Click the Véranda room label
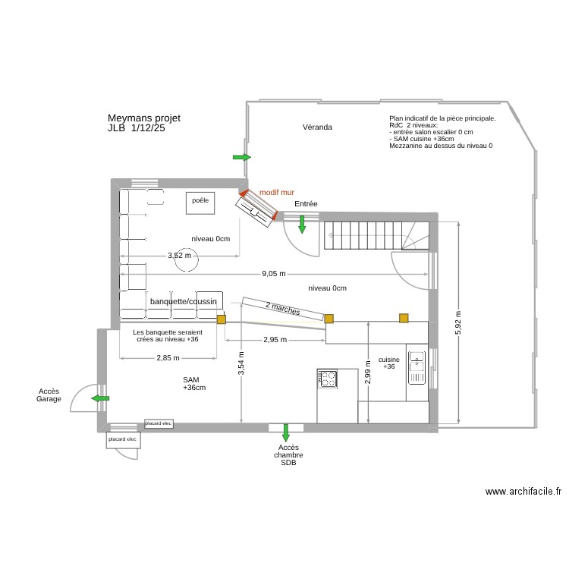point(317,127)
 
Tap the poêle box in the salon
point(200,201)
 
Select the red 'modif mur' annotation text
point(277,193)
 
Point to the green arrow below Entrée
point(302,225)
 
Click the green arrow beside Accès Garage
point(99,398)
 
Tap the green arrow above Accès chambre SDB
point(286,433)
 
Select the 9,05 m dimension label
point(274,273)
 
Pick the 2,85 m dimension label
point(168,357)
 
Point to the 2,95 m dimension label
point(275,339)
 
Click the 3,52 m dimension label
point(179,256)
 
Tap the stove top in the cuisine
point(328,378)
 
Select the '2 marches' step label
point(283,307)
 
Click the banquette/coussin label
point(184,302)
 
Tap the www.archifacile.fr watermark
point(523,492)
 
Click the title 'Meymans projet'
point(144,118)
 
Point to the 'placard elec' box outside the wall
point(122,439)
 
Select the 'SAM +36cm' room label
point(194,383)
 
